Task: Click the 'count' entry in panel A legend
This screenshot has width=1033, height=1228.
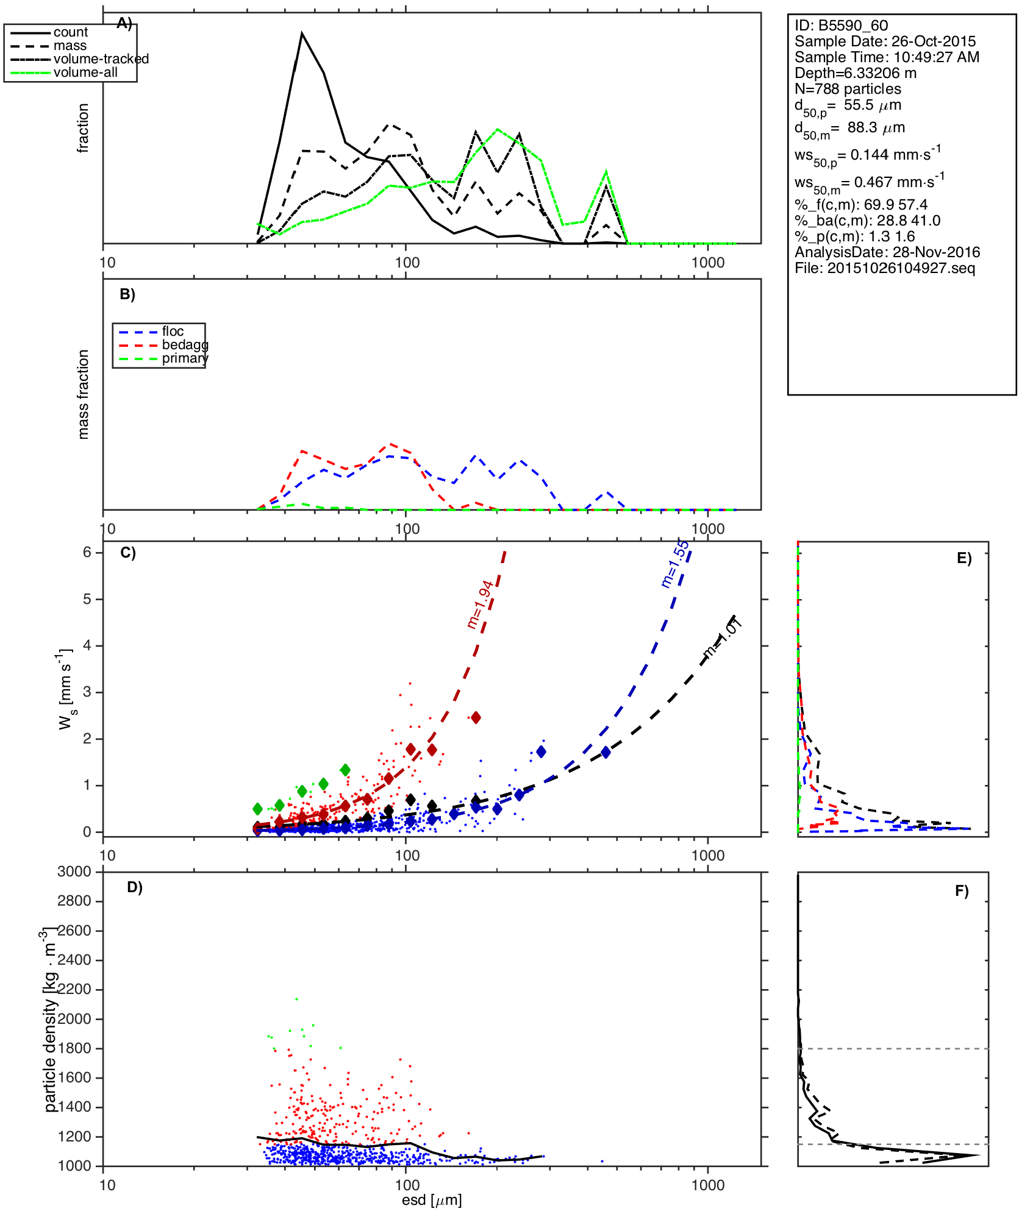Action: tap(70, 32)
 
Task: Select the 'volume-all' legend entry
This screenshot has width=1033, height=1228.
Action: tap(85, 73)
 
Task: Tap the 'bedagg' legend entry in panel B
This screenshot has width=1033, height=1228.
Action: tap(185, 345)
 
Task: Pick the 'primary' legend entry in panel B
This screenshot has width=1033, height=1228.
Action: tap(185, 358)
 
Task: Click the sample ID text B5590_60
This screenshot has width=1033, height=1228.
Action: tap(841, 26)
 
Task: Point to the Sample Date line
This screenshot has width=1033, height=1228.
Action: tap(885, 41)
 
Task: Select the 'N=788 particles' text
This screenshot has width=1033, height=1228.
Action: tap(848, 89)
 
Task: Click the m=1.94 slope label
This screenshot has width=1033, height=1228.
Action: tap(480, 605)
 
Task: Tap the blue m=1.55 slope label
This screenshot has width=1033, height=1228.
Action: tap(675, 564)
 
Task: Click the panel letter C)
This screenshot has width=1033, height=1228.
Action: tap(128, 553)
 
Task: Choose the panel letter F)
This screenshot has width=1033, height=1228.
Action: tap(962, 891)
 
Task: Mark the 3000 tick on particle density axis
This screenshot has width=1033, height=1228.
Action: tap(74, 871)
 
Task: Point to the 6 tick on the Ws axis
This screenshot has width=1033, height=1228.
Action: tap(88, 552)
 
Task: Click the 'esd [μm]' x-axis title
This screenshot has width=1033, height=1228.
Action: tap(432, 1200)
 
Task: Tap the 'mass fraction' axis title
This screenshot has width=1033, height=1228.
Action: tap(84, 394)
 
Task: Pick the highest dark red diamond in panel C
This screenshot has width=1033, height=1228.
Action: tap(476, 717)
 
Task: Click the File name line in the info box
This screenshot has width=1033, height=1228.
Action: tap(884, 268)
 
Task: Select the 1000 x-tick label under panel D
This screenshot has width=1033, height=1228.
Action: tap(707, 1185)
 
